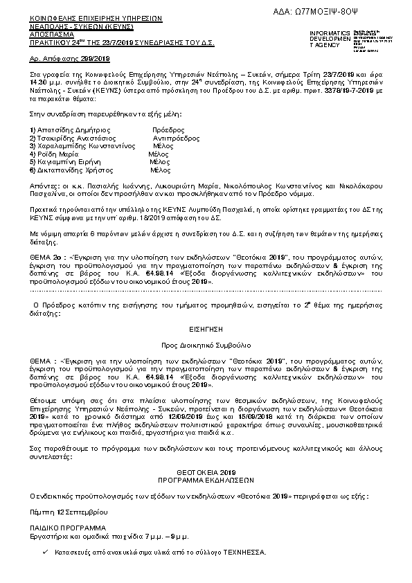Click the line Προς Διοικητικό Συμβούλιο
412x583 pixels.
(x=206, y=343)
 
